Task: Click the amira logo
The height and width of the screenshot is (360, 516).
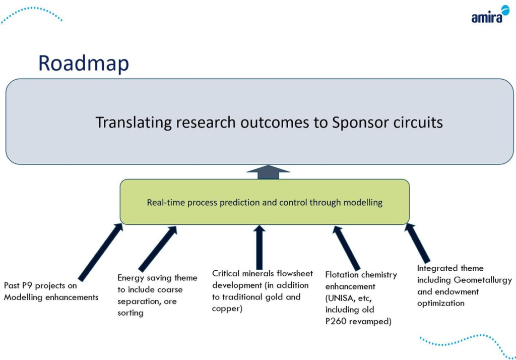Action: pyautogui.click(x=490, y=15)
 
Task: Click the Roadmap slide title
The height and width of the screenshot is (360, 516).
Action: pyautogui.click(x=84, y=64)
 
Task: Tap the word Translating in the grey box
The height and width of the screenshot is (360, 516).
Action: pyautogui.click(x=134, y=123)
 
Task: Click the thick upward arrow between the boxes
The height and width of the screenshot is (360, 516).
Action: pyautogui.click(x=268, y=172)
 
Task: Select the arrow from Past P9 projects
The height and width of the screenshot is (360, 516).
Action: pyautogui.click(x=101, y=252)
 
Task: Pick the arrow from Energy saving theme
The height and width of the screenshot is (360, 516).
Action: pyautogui.click(x=158, y=249)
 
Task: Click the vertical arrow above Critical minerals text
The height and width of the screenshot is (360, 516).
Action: pyautogui.click(x=260, y=247)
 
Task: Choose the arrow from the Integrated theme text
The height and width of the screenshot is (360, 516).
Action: pyautogui.click(x=417, y=243)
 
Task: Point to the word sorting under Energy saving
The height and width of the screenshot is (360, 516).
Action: pyautogui.click(x=131, y=313)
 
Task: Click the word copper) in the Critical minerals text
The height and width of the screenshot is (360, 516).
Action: pyautogui.click(x=227, y=309)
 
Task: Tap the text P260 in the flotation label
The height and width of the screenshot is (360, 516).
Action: pyautogui.click(x=336, y=321)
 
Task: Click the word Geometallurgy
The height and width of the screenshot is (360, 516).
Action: pyautogui.click(x=483, y=280)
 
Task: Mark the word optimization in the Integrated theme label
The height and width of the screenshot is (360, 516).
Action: pyautogui.click(x=440, y=304)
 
